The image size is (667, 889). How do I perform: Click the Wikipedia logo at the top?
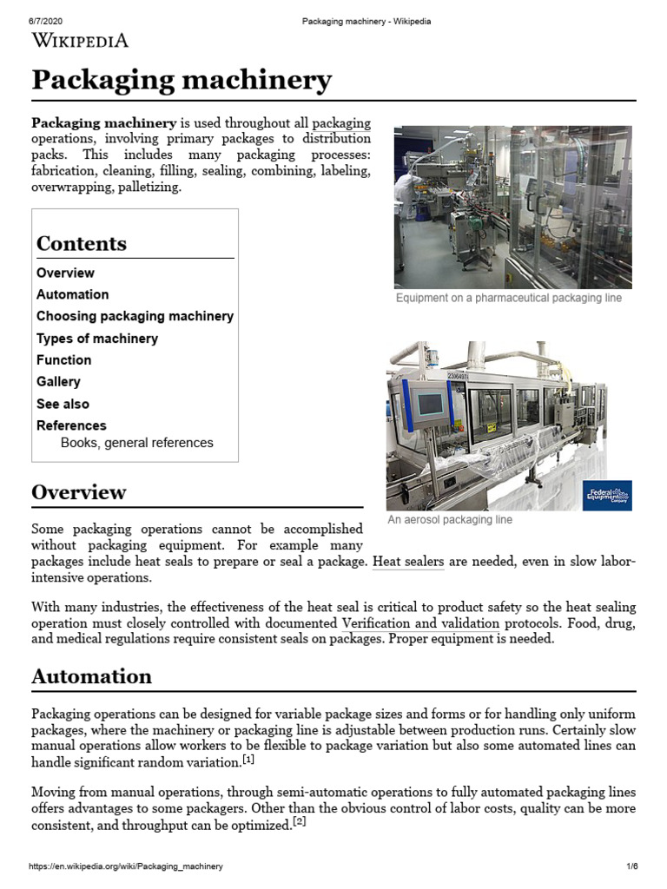(x=80, y=40)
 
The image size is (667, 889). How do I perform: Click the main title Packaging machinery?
(x=182, y=81)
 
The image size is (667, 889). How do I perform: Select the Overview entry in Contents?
(x=65, y=273)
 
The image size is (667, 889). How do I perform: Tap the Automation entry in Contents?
(x=72, y=294)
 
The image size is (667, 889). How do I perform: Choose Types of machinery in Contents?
(x=97, y=339)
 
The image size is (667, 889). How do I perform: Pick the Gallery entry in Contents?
(x=58, y=382)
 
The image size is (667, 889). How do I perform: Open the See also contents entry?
(x=63, y=404)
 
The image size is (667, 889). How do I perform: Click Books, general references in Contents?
(x=136, y=443)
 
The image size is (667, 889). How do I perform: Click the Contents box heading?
(x=82, y=244)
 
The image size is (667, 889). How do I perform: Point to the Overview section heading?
(x=79, y=492)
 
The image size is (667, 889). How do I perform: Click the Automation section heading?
(x=91, y=676)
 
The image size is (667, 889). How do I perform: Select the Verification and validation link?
(x=420, y=623)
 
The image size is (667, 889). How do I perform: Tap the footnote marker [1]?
(x=248, y=760)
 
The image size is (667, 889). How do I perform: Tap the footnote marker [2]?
(x=298, y=822)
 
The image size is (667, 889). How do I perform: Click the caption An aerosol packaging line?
(x=450, y=520)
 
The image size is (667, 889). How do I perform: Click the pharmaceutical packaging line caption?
(x=509, y=298)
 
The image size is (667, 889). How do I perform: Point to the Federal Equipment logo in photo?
(x=607, y=496)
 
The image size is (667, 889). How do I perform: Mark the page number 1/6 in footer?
(x=631, y=866)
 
